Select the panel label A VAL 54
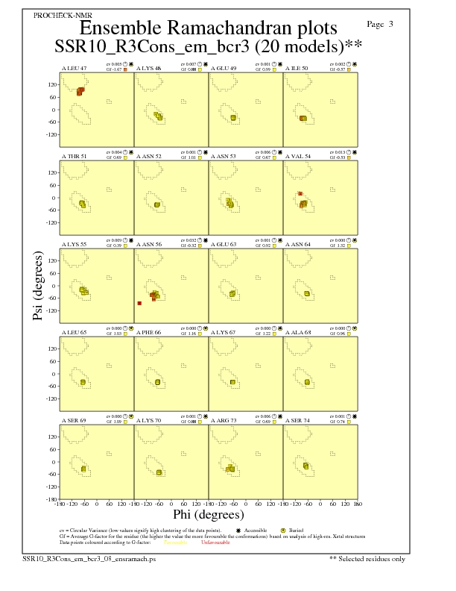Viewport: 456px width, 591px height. point(300,156)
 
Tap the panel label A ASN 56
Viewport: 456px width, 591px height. point(150,243)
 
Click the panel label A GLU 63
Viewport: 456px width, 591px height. point(224,243)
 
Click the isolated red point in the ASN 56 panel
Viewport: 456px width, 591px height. point(139,303)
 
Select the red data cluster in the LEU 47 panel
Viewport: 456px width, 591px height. point(80,90)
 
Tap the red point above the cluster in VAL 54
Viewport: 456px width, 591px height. point(300,194)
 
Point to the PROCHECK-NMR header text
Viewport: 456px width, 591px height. point(54,15)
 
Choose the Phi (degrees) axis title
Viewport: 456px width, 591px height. point(208,515)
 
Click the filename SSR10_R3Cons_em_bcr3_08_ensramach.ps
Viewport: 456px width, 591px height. point(89,558)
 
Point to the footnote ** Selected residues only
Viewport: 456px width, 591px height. point(367,558)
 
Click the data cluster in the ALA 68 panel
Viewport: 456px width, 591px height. point(307,381)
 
